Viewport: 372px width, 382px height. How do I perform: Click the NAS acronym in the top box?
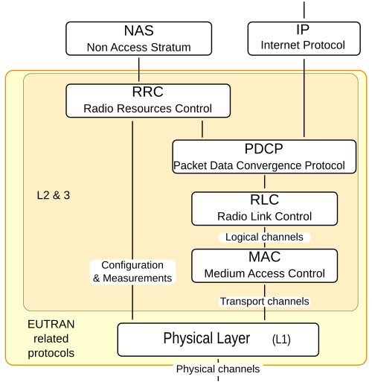(x=138, y=31)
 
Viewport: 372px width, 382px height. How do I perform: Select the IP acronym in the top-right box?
(x=303, y=30)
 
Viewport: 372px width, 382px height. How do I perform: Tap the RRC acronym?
(x=148, y=92)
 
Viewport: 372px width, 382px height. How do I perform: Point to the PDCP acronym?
(x=264, y=149)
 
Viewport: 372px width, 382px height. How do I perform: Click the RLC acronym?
(x=264, y=200)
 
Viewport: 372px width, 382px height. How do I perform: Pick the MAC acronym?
(x=265, y=257)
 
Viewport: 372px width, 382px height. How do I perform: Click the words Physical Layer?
(x=207, y=338)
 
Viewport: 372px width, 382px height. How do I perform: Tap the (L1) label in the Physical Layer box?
(x=281, y=340)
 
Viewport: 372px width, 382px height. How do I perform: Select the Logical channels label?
(x=264, y=237)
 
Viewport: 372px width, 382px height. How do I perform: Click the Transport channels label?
(x=265, y=302)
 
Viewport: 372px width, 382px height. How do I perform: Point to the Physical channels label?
(x=218, y=369)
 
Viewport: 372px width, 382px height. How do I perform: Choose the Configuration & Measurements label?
(x=132, y=272)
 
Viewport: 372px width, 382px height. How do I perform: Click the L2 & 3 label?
(x=54, y=195)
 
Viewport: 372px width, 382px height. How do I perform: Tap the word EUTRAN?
(x=51, y=325)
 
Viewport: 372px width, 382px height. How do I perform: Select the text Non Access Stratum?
(x=138, y=48)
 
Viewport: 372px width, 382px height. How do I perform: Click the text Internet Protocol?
(x=303, y=45)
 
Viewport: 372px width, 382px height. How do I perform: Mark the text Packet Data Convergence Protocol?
(x=259, y=165)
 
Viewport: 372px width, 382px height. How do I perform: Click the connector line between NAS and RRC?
(x=139, y=69)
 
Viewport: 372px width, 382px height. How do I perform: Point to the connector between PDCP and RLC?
(x=265, y=182)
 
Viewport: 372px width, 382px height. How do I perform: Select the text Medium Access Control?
(x=265, y=273)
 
